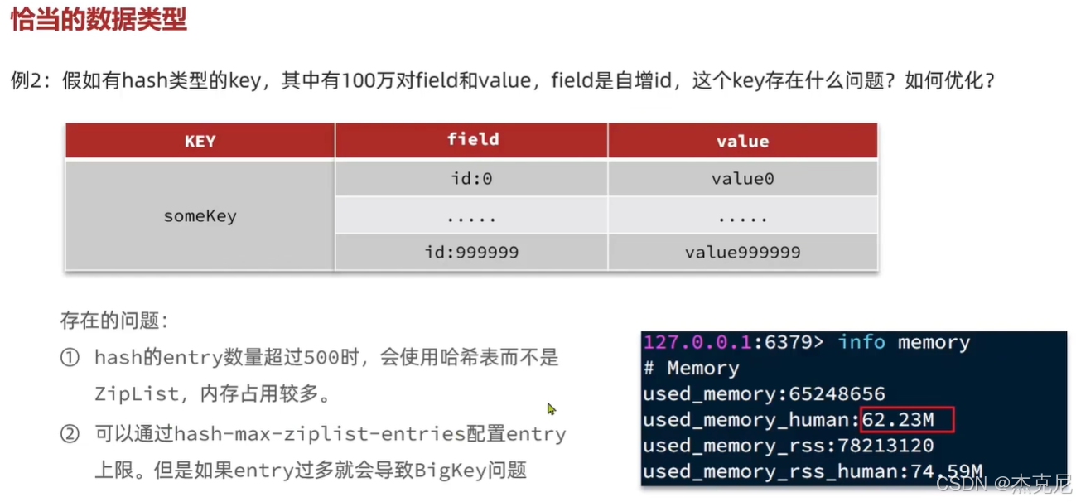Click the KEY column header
tap(200, 141)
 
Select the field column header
tap(472, 139)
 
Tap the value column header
tap(742, 141)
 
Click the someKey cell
tap(200, 216)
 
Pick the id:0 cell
tap(471, 178)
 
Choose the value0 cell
tap(742, 178)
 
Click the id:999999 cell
tap(471, 252)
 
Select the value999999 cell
tap(742, 252)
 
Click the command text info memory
tap(903, 343)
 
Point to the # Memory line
tap(691, 369)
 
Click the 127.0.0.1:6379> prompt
tap(733, 343)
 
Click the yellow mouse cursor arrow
tap(552, 408)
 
